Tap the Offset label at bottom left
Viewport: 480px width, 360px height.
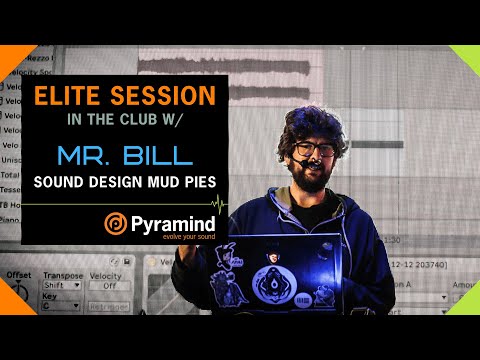click(x=17, y=272)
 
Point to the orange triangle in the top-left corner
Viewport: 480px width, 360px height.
click(x=12, y=57)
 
